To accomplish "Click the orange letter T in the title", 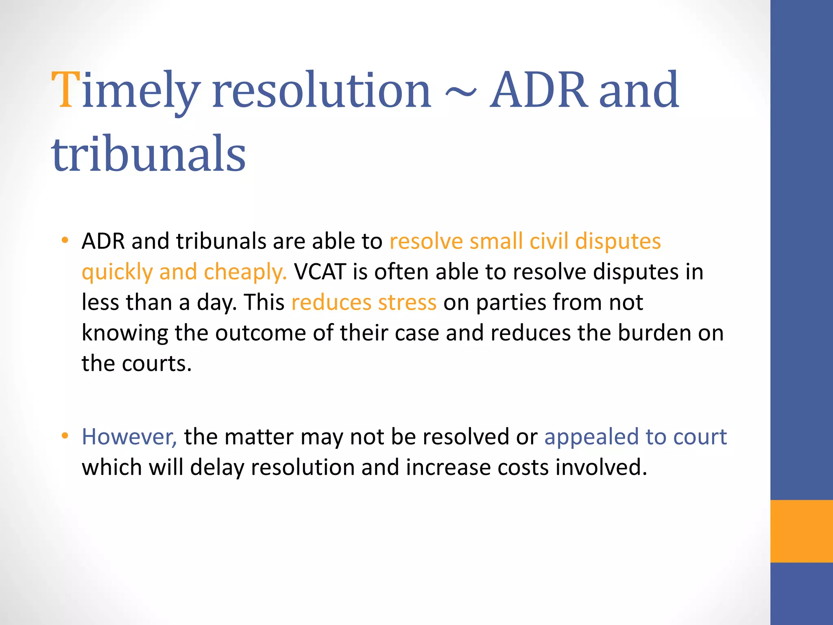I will click(66, 90).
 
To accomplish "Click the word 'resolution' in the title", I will click(321, 90).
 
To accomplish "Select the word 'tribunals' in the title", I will click(148, 154).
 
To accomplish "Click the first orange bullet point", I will click(65, 240).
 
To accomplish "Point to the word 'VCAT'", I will click(320, 272).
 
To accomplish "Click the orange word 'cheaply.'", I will click(245, 272).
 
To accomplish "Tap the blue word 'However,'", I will click(129, 437).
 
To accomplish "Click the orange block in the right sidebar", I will click(801, 531).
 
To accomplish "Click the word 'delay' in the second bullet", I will click(217, 467).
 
